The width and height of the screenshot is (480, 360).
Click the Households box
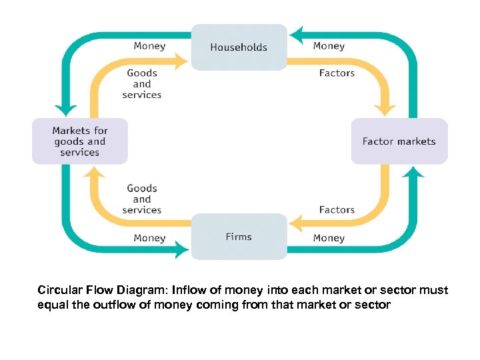(239, 47)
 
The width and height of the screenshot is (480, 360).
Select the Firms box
(239, 237)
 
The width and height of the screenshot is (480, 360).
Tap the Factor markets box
(399, 141)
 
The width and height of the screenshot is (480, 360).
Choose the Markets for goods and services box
(80, 141)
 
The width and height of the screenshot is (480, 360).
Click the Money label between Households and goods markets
(149, 46)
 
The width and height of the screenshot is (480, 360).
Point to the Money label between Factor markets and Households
(329, 46)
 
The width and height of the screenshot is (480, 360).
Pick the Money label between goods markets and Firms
(149, 238)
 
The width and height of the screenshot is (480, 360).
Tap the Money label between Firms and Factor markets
(329, 238)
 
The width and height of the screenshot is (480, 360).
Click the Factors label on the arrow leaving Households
(337, 73)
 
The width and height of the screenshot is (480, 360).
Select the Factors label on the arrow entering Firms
(337, 210)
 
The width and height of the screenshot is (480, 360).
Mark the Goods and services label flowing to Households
(142, 84)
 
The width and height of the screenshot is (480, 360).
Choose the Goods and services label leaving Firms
(142, 199)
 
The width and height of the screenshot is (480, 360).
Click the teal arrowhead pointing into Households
(297, 34)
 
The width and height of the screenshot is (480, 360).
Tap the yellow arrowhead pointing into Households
(182, 62)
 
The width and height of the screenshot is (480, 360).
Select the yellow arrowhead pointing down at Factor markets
(386, 109)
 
